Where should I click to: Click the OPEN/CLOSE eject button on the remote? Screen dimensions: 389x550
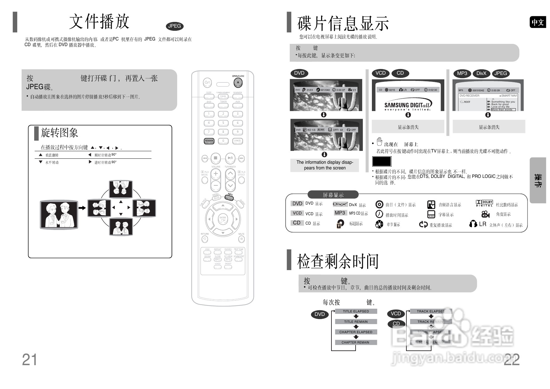pyautogui.click(x=238, y=83)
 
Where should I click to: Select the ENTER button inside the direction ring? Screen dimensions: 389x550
pyautogui.click(x=223, y=219)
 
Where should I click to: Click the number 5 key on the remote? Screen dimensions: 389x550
pyautogui.click(x=223, y=123)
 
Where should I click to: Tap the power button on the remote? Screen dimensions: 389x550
pyautogui.click(x=207, y=83)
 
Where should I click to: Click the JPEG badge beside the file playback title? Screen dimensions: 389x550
pyautogui.click(x=174, y=26)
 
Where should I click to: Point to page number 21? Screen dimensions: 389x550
pyautogui.click(x=29, y=360)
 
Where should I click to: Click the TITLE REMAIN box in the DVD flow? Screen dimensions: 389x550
pyautogui.click(x=356, y=322)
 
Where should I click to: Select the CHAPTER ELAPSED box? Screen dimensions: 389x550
pyautogui.click(x=356, y=332)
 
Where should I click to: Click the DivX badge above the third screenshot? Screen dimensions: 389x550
pyautogui.click(x=481, y=73)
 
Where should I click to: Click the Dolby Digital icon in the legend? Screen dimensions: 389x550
pyautogui.click(x=484, y=204)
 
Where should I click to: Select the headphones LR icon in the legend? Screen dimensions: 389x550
pyautogui.click(x=478, y=224)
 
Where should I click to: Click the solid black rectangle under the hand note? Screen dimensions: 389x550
pyautogui.click(x=382, y=161)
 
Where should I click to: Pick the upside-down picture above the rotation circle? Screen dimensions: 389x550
pyautogui.click(x=121, y=189)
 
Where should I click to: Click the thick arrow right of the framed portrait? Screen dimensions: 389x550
pyautogui.click(x=82, y=208)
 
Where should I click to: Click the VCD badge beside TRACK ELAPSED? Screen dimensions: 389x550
pyautogui.click(x=396, y=314)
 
